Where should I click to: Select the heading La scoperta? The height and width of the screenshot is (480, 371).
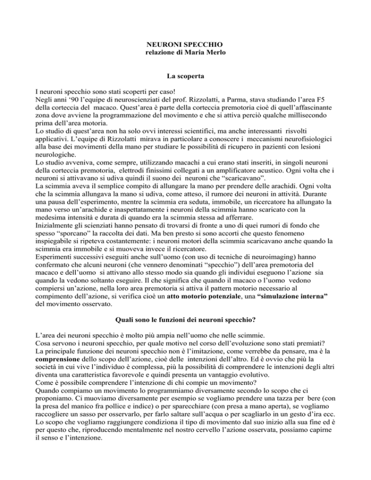[x=185, y=76]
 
